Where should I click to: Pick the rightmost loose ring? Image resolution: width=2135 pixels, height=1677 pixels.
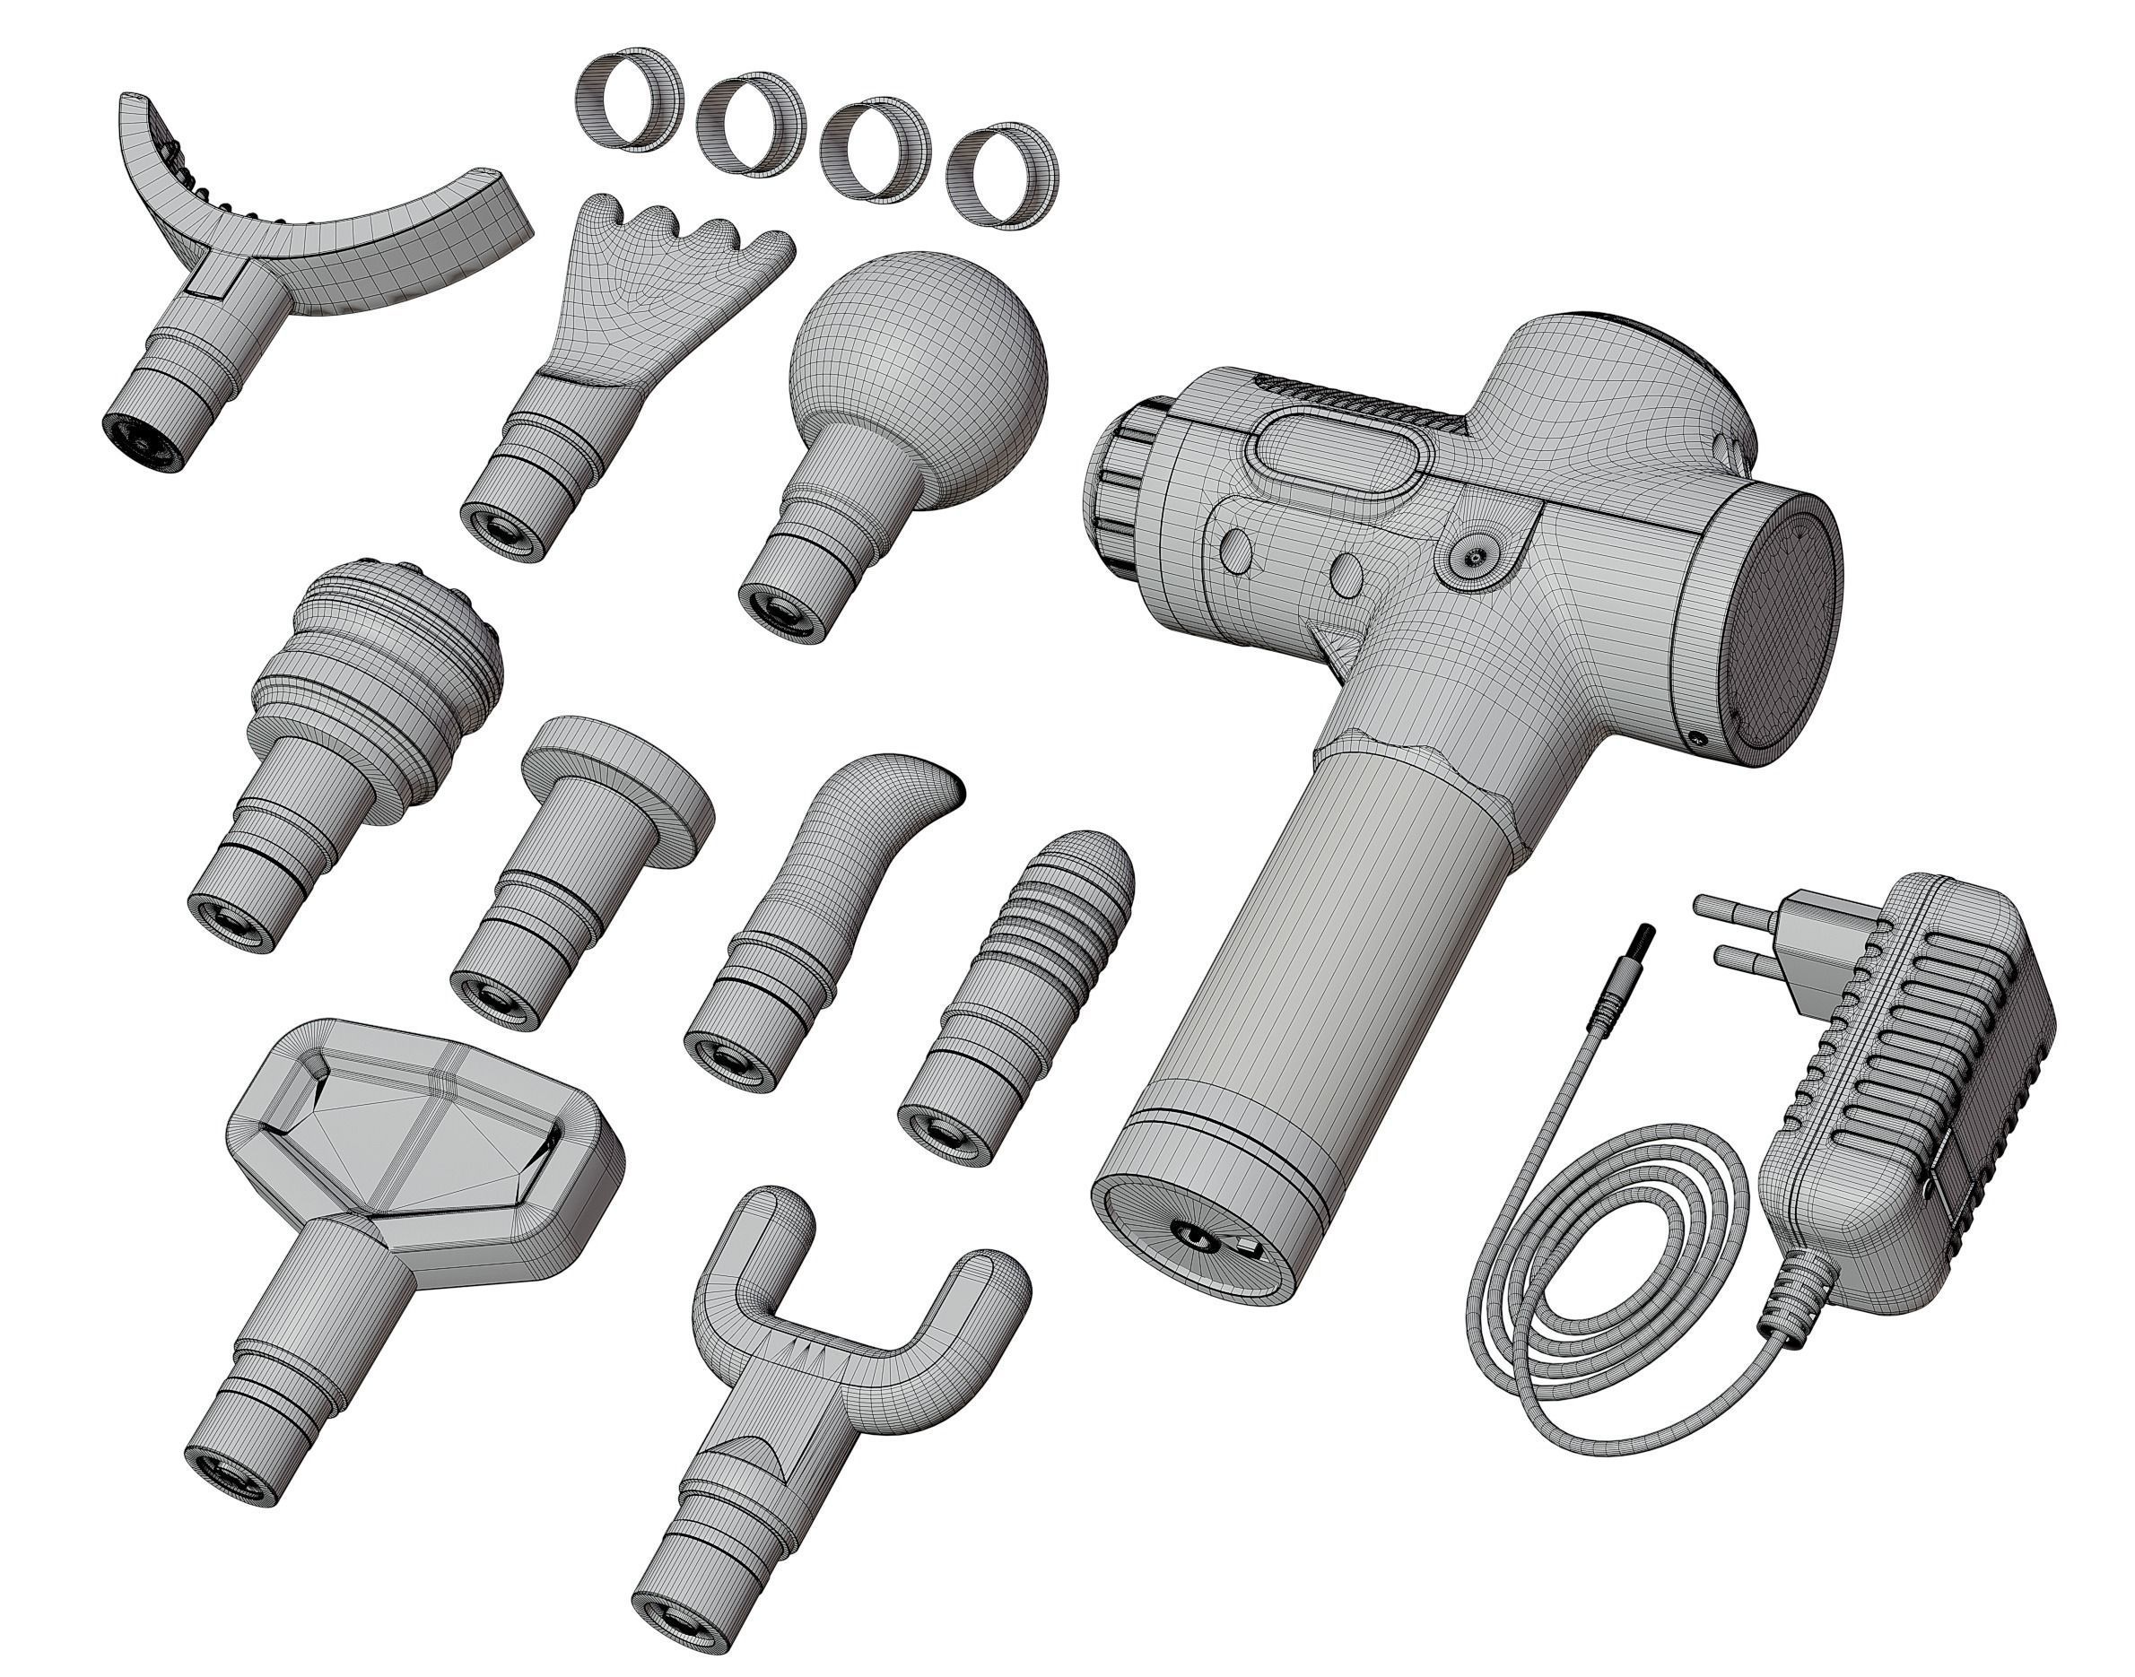[1002, 175]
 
